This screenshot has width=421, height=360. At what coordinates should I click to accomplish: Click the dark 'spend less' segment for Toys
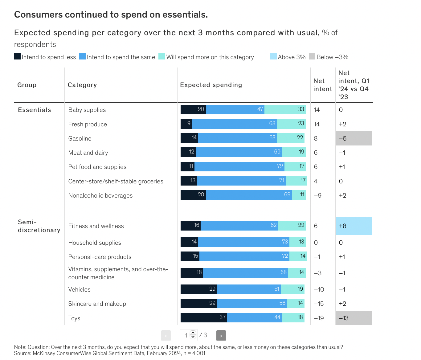(x=204, y=318)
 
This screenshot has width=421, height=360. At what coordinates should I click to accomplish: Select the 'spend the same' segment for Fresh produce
(x=235, y=124)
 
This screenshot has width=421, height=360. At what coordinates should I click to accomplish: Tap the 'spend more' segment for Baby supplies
(x=285, y=110)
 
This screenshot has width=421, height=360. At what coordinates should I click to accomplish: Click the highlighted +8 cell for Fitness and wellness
(x=354, y=226)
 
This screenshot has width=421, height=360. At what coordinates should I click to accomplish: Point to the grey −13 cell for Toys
(x=354, y=318)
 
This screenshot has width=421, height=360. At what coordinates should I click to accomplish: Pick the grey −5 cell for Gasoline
(x=354, y=138)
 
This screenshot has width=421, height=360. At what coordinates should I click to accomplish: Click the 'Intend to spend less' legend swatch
(x=18, y=56)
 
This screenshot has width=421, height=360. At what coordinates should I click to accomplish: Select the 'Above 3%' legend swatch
(x=273, y=56)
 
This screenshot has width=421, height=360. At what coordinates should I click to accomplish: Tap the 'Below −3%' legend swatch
(x=312, y=56)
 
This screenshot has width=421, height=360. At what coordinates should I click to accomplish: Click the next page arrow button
(x=221, y=335)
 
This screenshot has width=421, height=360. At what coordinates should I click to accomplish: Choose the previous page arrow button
(x=166, y=335)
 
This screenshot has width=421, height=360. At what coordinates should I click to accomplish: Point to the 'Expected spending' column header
(x=211, y=85)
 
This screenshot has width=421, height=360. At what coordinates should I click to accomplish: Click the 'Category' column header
(x=82, y=85)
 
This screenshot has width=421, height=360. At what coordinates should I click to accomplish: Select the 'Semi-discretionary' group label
(x=39, y=226)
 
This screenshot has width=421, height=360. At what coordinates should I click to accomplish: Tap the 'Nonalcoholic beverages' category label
(x=100, y=195)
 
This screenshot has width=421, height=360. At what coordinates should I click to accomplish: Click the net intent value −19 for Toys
(x=319, y=318)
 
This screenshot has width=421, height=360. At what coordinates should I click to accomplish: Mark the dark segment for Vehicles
(x=199, y=289)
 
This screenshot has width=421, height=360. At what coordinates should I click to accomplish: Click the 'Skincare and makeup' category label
(x=97, y=304)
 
